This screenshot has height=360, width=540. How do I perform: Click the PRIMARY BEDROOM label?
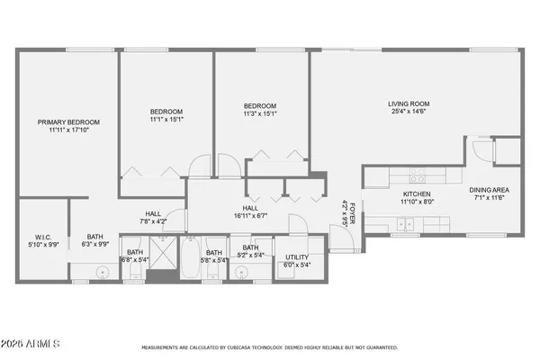pyautogui.click(x=68, y=121)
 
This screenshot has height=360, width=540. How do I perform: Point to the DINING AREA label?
pyautogui.click(x=490, y=190)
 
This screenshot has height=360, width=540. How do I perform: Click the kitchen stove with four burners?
pyautogui.click(x=417, y=172)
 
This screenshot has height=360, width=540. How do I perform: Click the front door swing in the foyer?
pyautogui.click(x=339, y=239)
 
